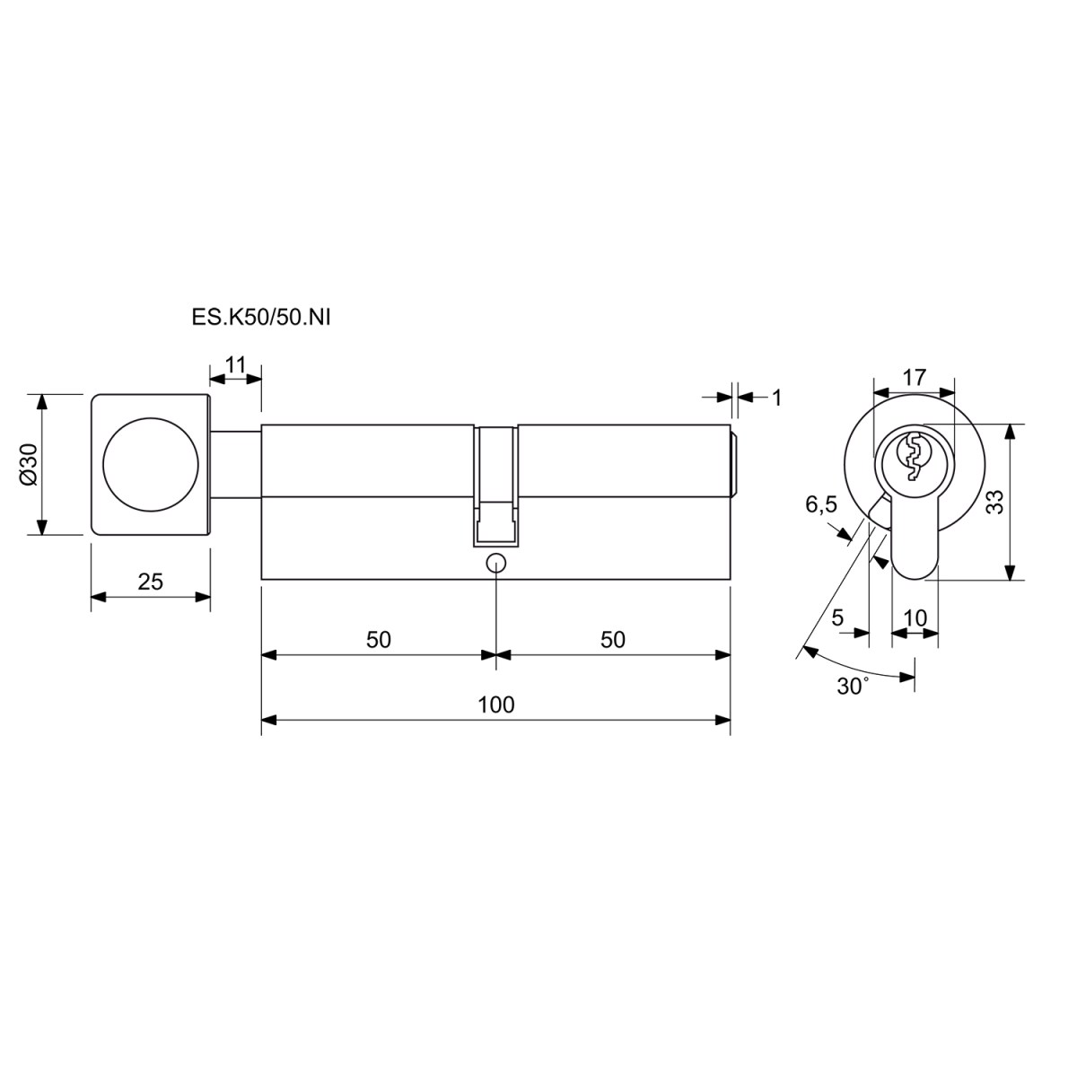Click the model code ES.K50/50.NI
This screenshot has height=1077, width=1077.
point(261,318)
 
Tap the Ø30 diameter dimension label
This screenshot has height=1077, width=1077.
point(28,464)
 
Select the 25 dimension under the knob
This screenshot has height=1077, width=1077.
point(151,582)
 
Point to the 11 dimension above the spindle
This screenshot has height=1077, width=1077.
point(235,365)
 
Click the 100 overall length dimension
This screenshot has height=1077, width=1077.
point(495,705)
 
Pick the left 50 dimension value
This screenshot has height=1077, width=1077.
point(379,640)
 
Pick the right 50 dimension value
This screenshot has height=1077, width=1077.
point(613,640)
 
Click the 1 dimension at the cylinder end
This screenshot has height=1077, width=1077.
point(776,398)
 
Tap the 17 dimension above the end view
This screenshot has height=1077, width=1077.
point(915,377)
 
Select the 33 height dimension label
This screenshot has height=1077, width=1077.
point(995,502)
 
